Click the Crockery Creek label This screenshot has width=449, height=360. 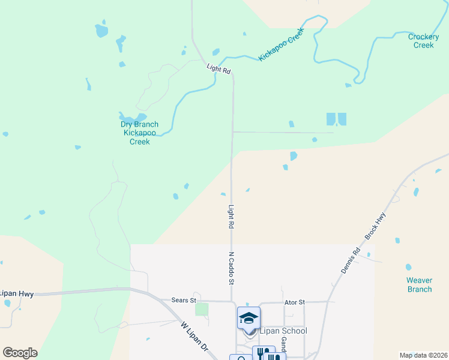point(424,41)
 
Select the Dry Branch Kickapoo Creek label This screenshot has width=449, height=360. point(140,133)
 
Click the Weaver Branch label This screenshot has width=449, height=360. point(419,285)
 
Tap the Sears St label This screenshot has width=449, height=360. point(184,300)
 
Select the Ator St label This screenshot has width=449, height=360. point(295,302)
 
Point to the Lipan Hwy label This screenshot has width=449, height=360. point(16,293)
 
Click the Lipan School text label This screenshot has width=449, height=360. point(283,331)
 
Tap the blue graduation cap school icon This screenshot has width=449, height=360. point(249,317)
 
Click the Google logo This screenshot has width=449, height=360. point(20,353)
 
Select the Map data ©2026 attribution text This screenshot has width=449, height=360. point(423,355)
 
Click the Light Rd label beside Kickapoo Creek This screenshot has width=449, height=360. point(218,70)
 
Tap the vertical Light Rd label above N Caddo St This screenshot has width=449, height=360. point(231,218)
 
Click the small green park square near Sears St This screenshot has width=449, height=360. point(202,309)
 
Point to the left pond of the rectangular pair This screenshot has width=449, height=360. point(331,119)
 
